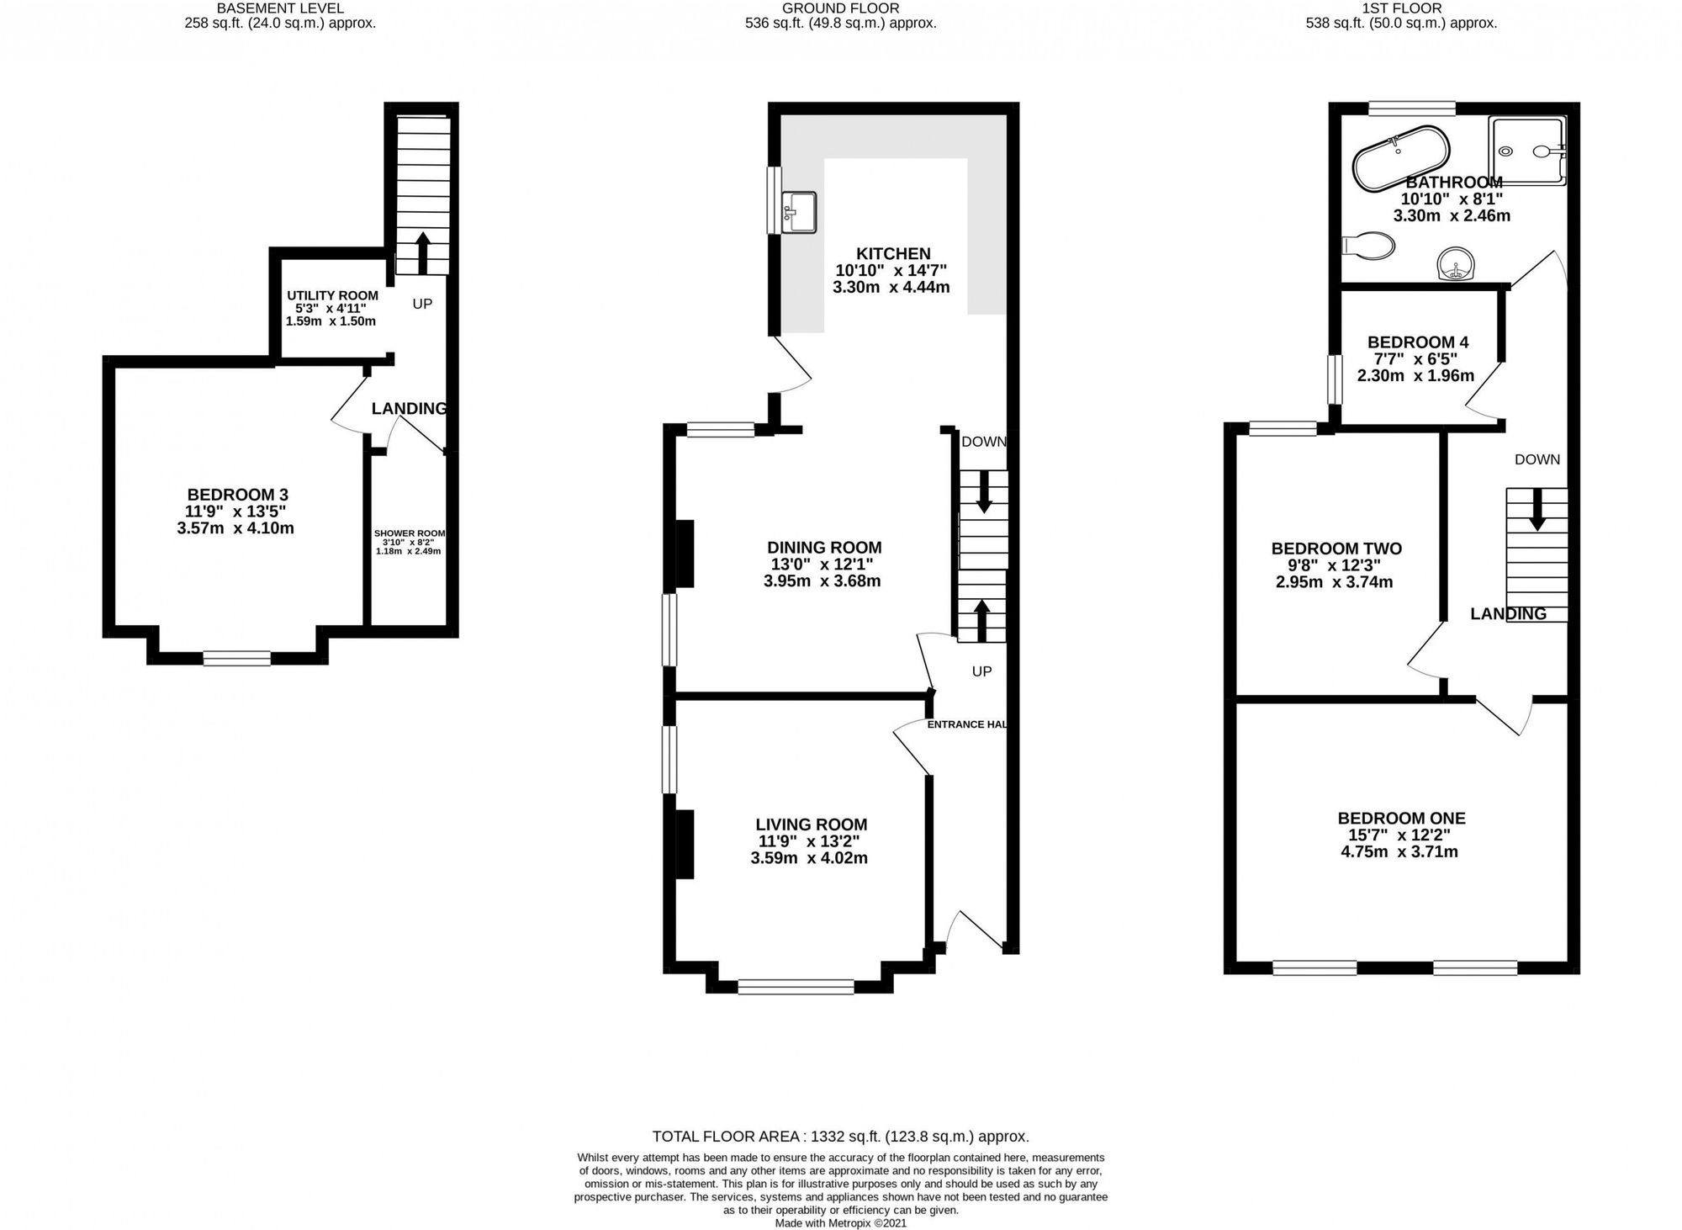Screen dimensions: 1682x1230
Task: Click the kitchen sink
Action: coord(798,212)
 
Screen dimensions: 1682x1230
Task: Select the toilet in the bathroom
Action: coord(1369,246)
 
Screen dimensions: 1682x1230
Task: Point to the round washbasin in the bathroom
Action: coord(1454,262)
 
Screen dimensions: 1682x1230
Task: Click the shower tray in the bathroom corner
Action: coord(1528,151)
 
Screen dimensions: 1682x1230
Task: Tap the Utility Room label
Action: coord(332,295)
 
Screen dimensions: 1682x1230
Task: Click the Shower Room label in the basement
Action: coord(410,533)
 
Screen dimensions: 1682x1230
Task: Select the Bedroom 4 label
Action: coord(1418,342)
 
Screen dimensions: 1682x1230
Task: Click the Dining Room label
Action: coord(824,548)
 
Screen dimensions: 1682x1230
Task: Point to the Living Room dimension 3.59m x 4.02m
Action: coord(809,858)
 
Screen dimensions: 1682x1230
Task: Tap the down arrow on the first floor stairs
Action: coord(1537,510)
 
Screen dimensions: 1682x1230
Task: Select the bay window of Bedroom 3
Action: coord(237,658)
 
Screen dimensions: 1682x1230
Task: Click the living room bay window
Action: coord(796,987)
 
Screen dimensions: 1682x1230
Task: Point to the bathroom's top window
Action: coord(1411,109)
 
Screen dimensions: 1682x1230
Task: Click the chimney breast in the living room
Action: coord(685,844)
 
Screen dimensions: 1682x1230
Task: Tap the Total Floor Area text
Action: coord(841,1137)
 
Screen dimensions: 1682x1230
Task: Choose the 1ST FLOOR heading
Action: coord(1402,8)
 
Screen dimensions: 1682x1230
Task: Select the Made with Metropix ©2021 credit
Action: coord(841,1223)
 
